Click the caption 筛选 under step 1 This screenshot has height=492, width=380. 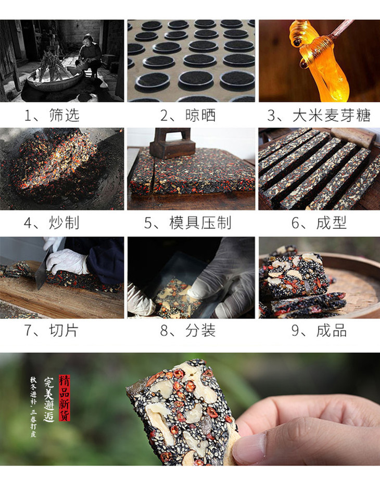pos(64,115)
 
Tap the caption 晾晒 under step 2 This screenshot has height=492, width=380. pos(200,115)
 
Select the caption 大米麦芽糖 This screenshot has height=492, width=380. pos(332,115)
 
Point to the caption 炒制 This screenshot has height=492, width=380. pos(64,223)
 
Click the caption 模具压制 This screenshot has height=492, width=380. pos(200,223)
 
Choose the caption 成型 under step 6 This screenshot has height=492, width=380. pos(332,223)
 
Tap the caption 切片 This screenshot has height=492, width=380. pos(64,330)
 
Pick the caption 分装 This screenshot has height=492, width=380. pos(200,330)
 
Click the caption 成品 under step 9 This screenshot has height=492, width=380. pos(332,330)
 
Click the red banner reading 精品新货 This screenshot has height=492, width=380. pos(65,398)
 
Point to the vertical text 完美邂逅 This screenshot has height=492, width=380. pos(49,399)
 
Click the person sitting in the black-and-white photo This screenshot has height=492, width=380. pos(90,53)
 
